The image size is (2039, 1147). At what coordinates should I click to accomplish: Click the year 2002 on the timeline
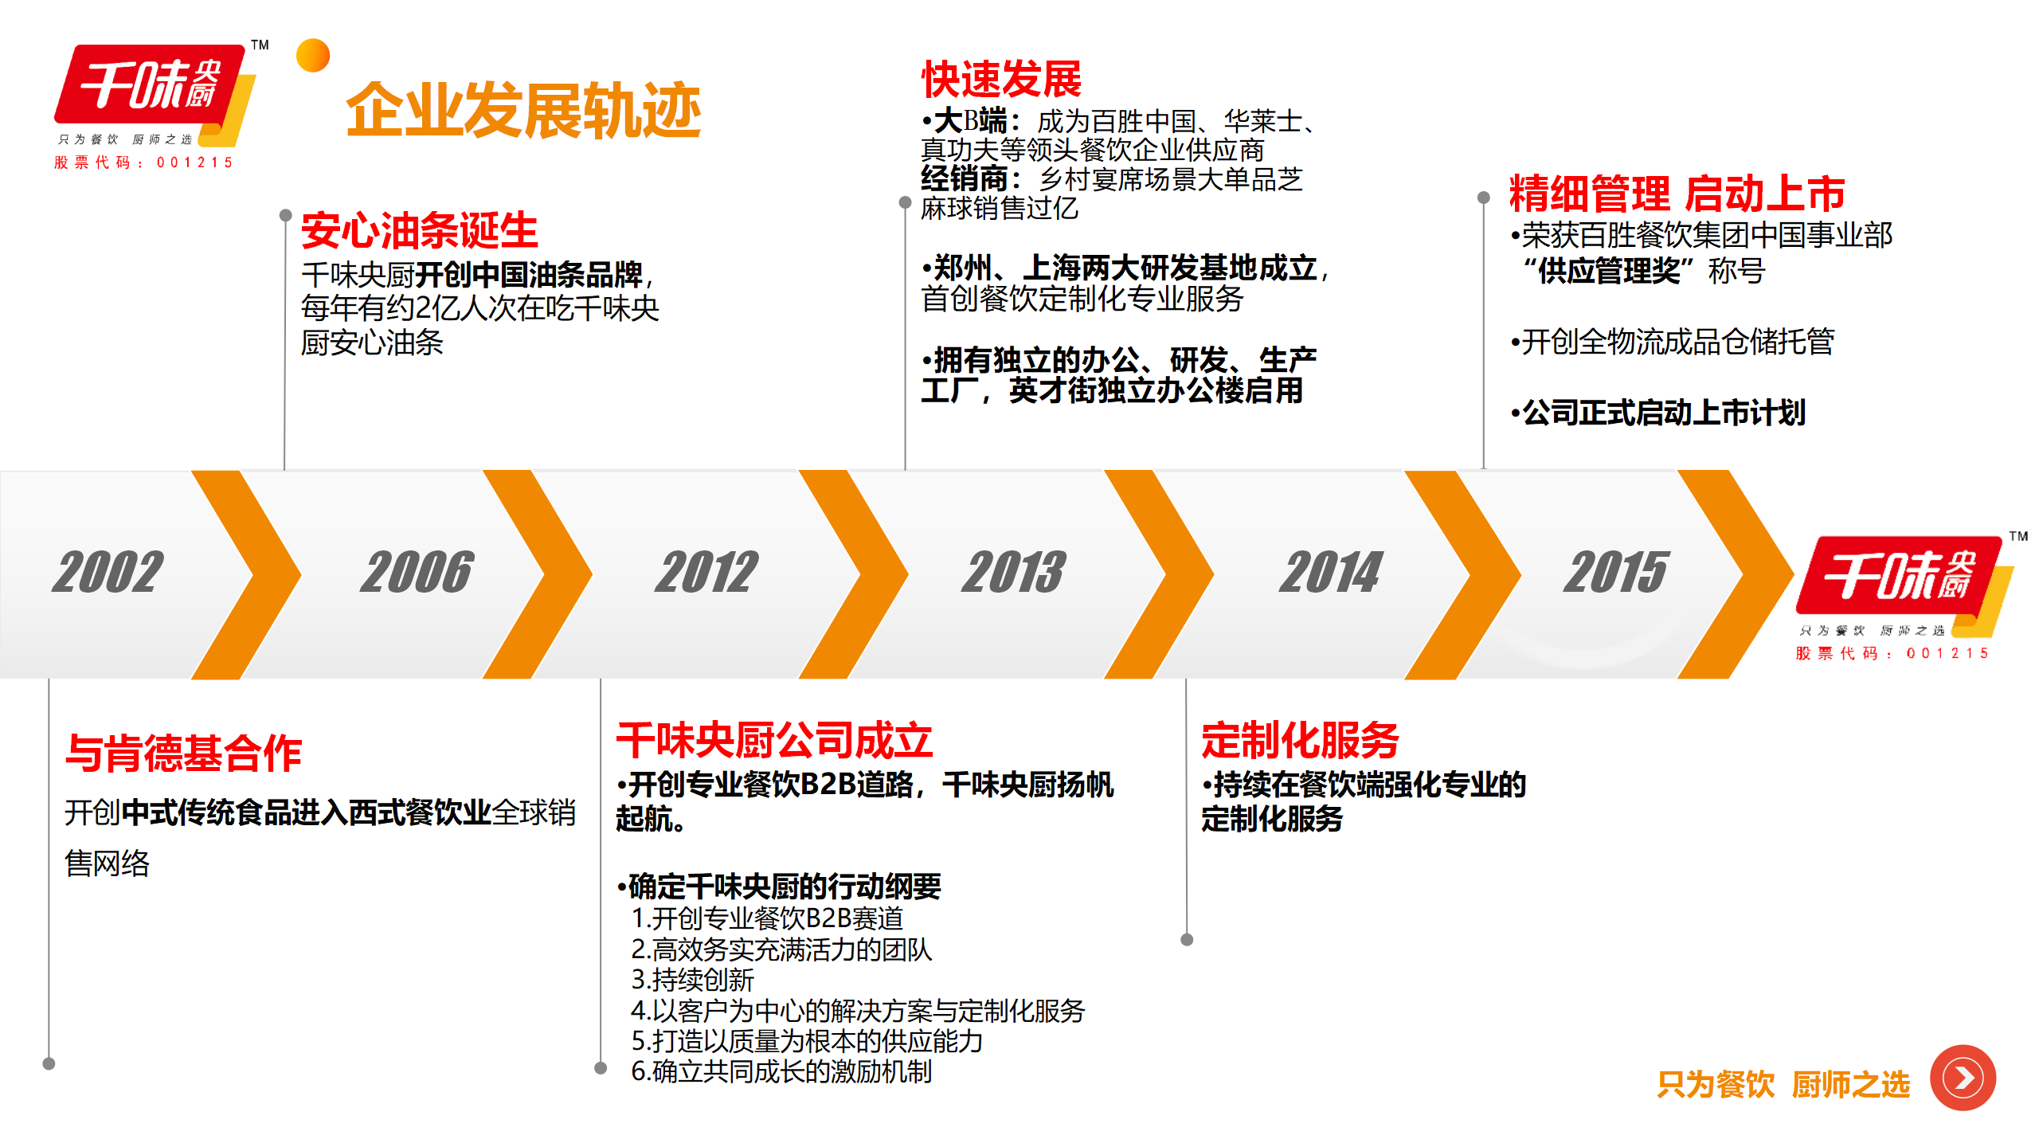pyautogui.click(x=108, y=572)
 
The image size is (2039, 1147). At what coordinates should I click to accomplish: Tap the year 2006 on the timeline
pyautogui.click(x=417, y=572)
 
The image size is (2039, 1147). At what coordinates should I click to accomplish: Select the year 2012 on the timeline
pyautogui.click(x=706, y=572)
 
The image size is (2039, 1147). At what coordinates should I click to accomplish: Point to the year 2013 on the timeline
pyautogui.click(x=1013, y=572)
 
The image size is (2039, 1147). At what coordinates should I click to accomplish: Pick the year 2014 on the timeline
pyautogui.click(x=1331, y=572)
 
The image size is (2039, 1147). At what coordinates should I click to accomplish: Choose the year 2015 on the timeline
pyautogui.click(x=1615, y=572)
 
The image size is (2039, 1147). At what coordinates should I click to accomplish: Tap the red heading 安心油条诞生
pyautogui.click(x=420, y=231)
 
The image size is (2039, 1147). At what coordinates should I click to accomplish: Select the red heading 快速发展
pyautogui.click(x=1001, y=78)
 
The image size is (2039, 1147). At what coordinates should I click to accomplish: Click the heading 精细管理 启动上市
pyautogui.click(x=1677, y=193)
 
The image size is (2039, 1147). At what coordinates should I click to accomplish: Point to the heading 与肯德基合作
pyautogui.click(x=184, y=753)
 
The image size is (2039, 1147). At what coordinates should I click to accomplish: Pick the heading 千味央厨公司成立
pyautogui.click(x=774, y=740)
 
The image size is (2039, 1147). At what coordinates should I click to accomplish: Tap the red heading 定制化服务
pyautogui.click(x=1300, y=740)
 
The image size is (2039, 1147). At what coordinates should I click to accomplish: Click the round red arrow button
pyautogui.click(x=1963, y=1078)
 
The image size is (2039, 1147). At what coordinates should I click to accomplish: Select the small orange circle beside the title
pyautogui.click(x=313, y=56)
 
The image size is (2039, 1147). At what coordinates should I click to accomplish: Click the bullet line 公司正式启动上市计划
pyautogui.click(x=1658, y=413)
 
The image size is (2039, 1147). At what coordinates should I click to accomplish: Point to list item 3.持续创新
pyautogui.click(x=692, y=980)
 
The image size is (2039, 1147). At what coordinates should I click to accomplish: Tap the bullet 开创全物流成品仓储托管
pyautogui.click(x=1673, y=342)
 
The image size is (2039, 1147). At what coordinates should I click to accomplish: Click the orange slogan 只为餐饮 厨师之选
pyautogui.click(x=1783, y=1085)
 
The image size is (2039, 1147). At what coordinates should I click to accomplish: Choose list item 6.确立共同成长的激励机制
pyautogui.click(x=781, y=1071)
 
